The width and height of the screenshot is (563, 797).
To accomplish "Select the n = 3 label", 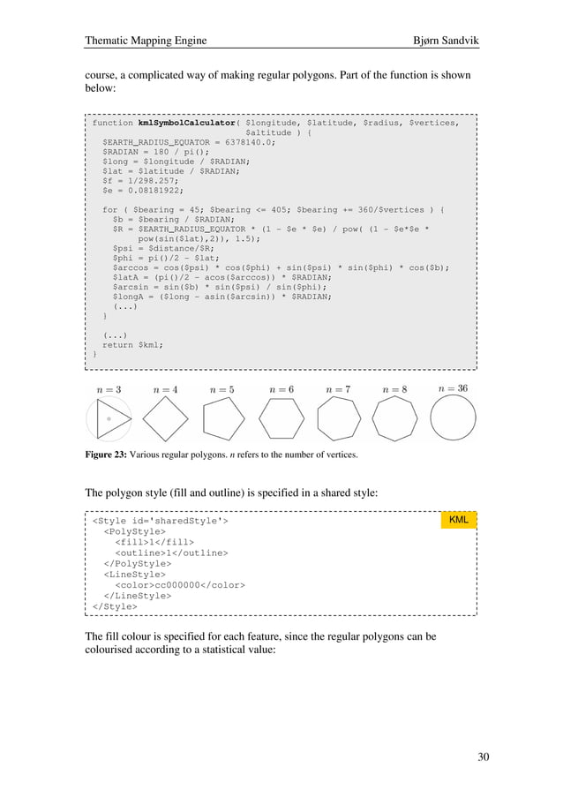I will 109,389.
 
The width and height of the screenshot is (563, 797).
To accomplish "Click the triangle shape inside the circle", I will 112,417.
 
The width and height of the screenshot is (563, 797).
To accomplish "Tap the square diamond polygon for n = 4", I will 165,417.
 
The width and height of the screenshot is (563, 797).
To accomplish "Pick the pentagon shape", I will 222,417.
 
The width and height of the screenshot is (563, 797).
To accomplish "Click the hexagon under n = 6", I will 281,417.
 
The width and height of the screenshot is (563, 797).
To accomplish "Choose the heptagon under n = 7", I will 338,417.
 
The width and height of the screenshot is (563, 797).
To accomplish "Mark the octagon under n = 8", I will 395,417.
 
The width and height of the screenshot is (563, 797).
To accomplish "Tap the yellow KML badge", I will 458,520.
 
